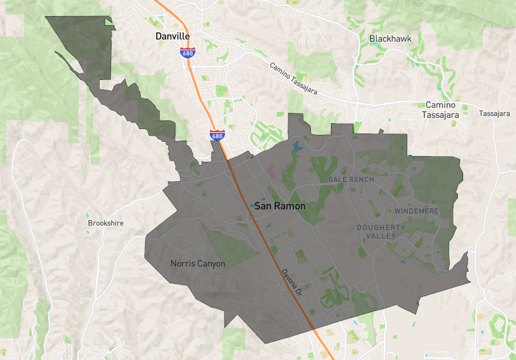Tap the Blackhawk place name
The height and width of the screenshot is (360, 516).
coord(390,39)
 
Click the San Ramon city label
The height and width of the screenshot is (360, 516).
coord(280,206)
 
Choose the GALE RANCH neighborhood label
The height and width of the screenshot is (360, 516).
coord(351,179)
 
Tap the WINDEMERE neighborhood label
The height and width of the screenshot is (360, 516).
coord(417,211)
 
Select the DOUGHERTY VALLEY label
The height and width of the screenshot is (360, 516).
coord(381,232)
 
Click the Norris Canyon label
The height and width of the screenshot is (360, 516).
coord(198,263)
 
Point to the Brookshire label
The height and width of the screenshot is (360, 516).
coord(105,223)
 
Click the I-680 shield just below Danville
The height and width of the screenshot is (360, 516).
coord(187,54)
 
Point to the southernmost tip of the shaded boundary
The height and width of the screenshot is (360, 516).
coord(265,343)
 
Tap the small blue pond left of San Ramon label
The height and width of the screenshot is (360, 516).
coord(251,206)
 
